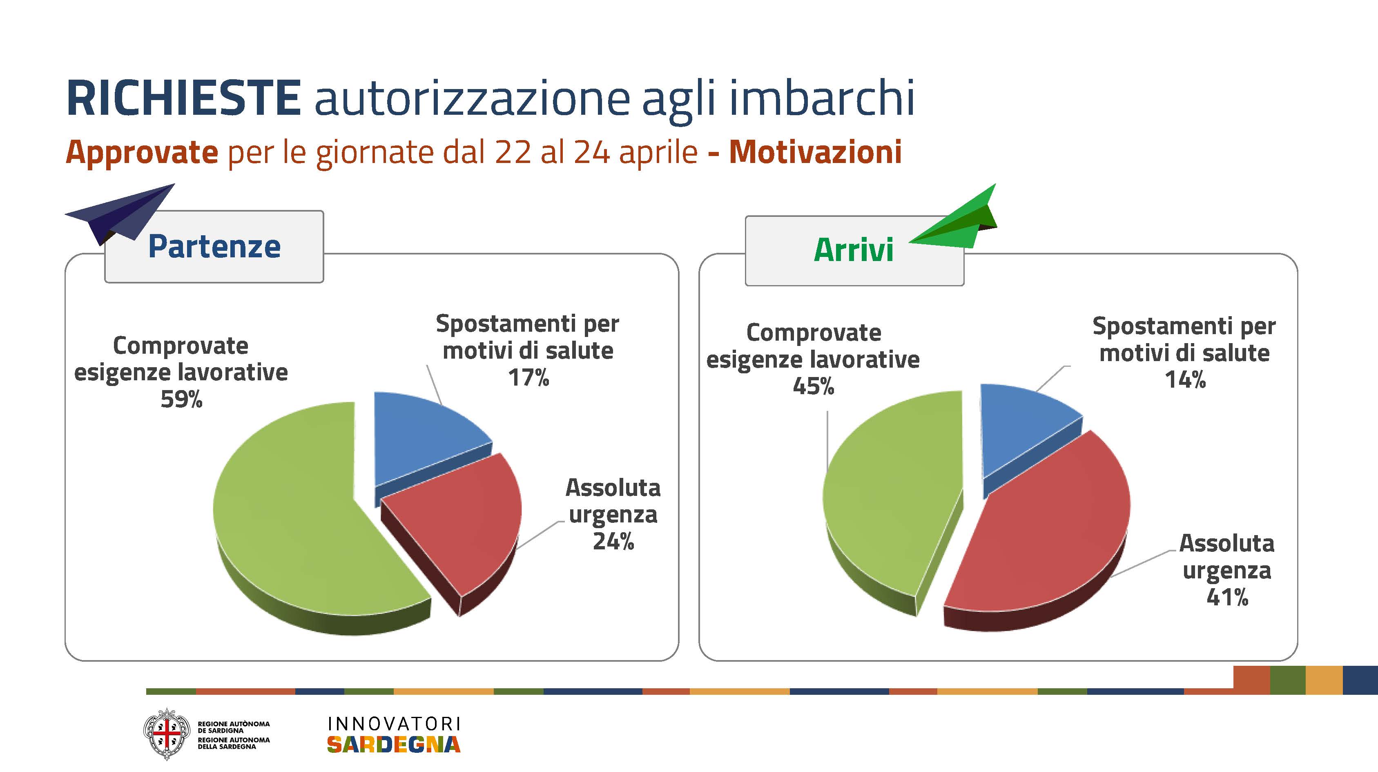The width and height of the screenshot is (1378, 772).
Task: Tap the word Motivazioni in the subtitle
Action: [815, 152]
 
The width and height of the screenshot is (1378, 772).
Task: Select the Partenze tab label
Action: [214, 247]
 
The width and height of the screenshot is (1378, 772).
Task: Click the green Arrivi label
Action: [853, 250]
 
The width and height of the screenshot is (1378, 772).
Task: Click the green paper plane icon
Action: [953, 219]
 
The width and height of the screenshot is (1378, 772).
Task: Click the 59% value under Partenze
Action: [181, 399]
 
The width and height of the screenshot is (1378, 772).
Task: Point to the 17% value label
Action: [528, 378]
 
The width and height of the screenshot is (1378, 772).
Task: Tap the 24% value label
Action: [613, 541]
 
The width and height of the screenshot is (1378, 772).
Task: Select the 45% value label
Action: [813, 386]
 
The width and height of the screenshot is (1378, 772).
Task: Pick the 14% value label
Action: [1185, 380]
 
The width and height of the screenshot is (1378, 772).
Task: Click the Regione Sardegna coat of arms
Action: [166, 734]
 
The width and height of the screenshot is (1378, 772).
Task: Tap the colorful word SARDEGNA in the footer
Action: [394, 744]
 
